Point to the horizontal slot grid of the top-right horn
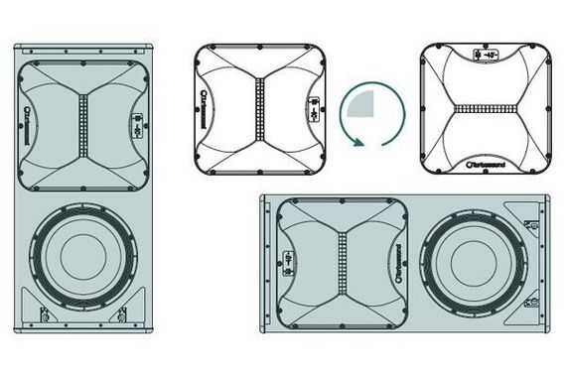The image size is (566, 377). [x=486, y=108]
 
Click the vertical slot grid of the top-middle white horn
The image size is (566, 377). [x=261, y=108]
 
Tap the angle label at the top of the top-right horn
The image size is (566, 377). [x=486, y=55]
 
